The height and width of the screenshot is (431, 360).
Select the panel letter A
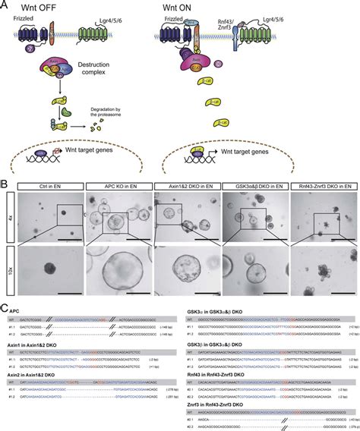[x=5, y=5]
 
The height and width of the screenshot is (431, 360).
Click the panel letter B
[x=5, y=184]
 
